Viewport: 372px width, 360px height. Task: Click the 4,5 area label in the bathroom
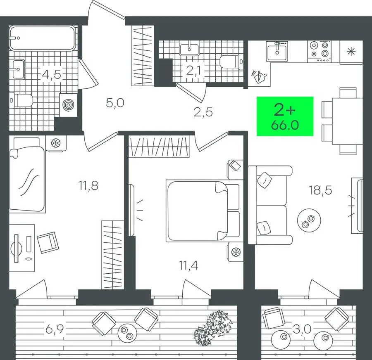tap(52, 74)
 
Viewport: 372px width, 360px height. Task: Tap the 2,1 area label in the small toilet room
tap(193, 70)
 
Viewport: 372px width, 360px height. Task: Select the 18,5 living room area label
tap(320, 190)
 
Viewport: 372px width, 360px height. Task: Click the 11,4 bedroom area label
tap(188, 265)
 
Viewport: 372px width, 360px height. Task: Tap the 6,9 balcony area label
tap(55, 329)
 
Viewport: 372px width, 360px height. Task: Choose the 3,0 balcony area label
tap(302, 329)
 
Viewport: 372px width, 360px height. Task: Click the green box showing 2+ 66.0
tap(285, 116)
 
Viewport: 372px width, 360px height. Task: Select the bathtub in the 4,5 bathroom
tap(43, 38)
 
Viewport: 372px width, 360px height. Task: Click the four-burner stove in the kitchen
tap(320, 52)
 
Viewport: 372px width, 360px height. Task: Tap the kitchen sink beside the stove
tap(277, 51)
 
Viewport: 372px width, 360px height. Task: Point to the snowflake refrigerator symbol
tap(351, 52)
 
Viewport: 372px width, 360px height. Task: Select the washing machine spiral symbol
tap(68, 105)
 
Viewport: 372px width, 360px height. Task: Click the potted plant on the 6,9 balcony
tap(212, 328)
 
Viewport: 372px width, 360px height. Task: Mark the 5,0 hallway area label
tap(115, 103)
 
